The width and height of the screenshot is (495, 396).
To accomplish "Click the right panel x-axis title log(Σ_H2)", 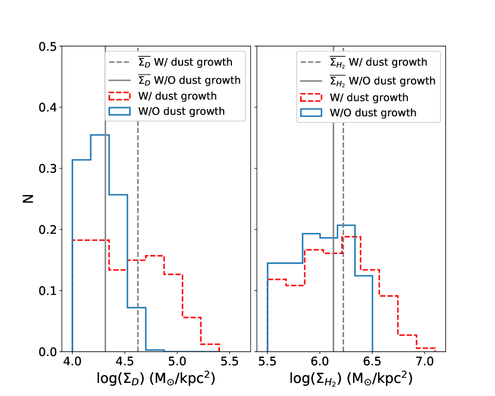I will pos(351,379).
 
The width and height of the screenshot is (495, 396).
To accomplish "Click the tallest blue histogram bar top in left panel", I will pos(100,135).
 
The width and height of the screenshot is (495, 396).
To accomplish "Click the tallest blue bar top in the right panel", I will pos(346,225).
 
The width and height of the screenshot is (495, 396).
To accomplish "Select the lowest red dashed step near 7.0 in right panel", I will pos(426,348).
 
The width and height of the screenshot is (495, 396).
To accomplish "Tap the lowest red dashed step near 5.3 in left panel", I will pos(211,344).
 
